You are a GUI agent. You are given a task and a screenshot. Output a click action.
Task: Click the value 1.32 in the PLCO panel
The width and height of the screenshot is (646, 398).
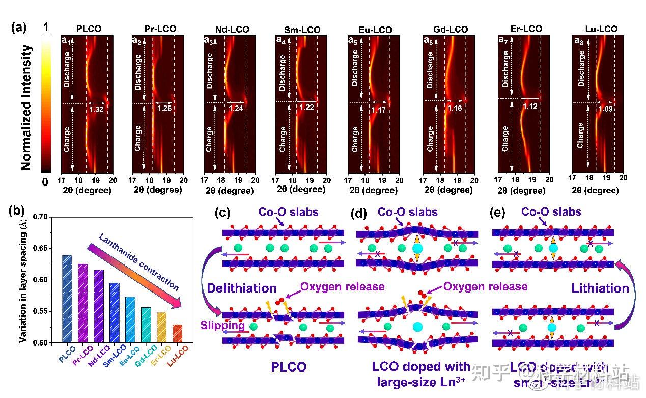pos(96,109)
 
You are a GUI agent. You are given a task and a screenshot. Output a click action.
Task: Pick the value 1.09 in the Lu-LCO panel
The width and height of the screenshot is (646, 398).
pos(603,109)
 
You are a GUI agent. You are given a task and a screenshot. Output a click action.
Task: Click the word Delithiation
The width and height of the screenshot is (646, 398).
pos(241,288)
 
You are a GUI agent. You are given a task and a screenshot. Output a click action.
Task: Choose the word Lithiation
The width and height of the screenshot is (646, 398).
pos(600,288)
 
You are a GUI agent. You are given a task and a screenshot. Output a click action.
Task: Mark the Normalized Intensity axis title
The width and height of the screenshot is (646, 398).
pos(28,107)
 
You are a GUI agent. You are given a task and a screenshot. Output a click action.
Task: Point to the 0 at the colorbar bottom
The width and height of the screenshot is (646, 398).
pos(45,181)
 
